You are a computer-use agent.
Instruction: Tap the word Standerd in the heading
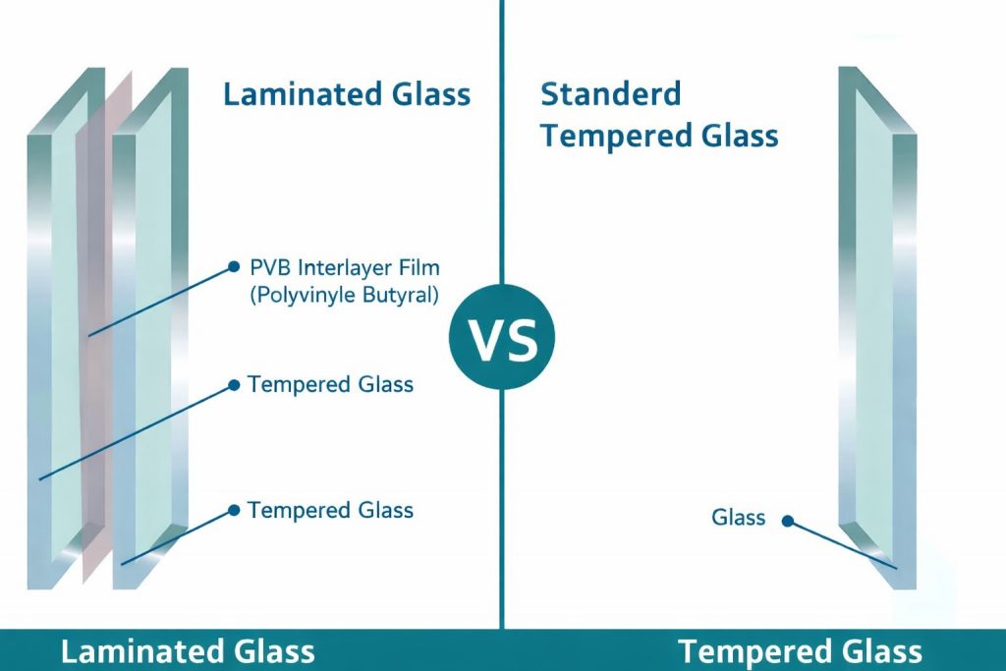click(x=610, y=95)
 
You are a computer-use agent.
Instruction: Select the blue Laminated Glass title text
click(x=347, y=95)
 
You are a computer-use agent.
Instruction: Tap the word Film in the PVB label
click(x=416, y=267)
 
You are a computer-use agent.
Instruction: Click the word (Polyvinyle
click(x=299, y=295)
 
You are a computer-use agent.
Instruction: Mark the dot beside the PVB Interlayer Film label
click(x=234, y=266)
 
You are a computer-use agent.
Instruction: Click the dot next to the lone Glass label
click(x=787, y=521)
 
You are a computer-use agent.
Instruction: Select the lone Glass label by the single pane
click(x=738, y=518)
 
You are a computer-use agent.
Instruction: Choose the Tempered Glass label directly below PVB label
click(x=330, y=384)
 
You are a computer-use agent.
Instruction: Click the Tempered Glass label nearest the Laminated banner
click(x=330, y=510)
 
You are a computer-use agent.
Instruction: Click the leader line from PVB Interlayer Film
click(x=162, y=301)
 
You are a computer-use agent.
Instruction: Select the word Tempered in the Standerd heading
click(x=598, y=135)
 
